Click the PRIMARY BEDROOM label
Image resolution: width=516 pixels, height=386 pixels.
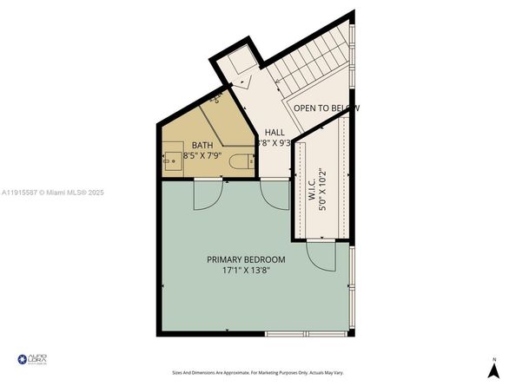point(245,259)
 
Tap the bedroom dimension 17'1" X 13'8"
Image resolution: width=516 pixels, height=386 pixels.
point(245,271)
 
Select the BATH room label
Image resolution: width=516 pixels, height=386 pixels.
point(202,146)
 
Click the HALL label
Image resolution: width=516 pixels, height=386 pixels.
point(275,132)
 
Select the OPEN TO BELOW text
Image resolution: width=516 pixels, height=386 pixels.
point(325,108)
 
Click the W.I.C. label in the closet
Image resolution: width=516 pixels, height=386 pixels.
point(311,186)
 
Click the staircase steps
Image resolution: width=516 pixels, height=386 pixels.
point(313,60)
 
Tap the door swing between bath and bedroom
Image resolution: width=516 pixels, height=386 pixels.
point(206,194)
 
